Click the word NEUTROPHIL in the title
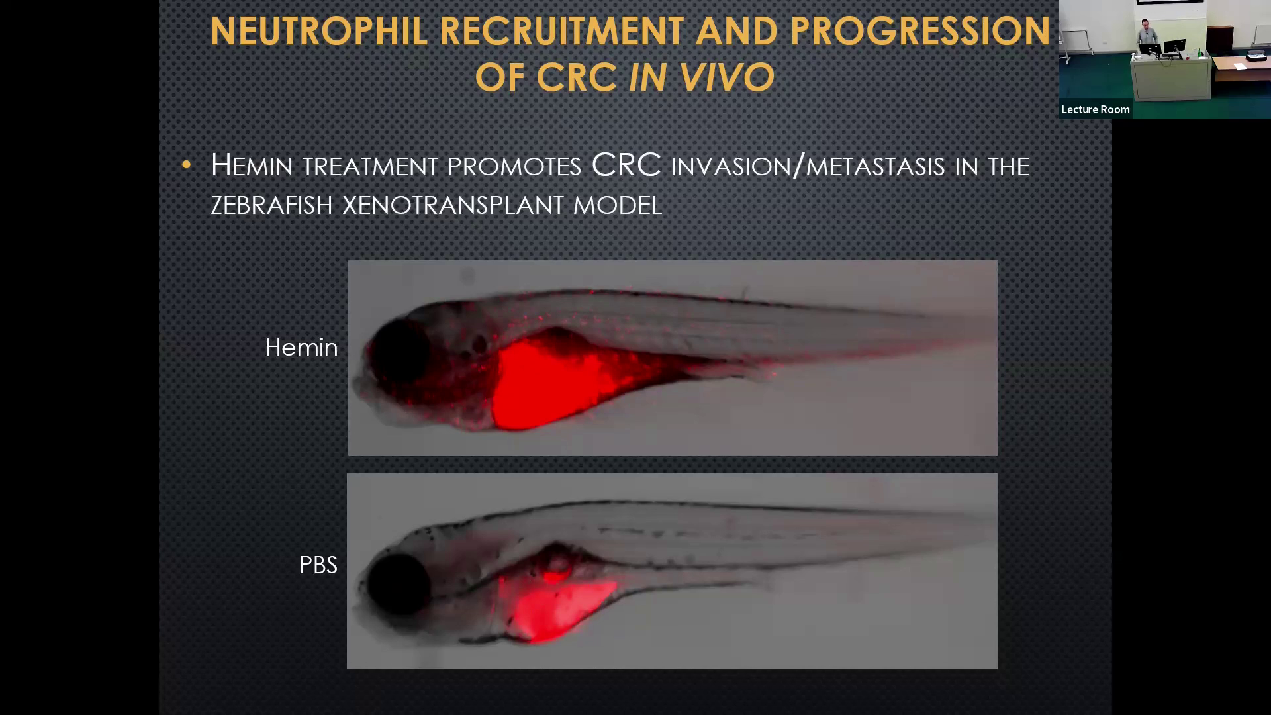(318, 31)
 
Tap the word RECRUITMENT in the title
(562, 31)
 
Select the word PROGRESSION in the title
(920, 31)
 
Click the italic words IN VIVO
(701, 77)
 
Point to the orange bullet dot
(186, 164)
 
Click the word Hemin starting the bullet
(252, 165)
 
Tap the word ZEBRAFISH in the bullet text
(271, 205)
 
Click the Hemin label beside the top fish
(301, 347)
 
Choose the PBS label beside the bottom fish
(318, 565)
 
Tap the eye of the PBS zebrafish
(399, 583)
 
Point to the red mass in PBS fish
(553, 606)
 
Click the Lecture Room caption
(1096, 109)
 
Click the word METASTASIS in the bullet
(875, 166)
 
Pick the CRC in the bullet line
(626, 165)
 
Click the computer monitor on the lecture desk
(1174, 48)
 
